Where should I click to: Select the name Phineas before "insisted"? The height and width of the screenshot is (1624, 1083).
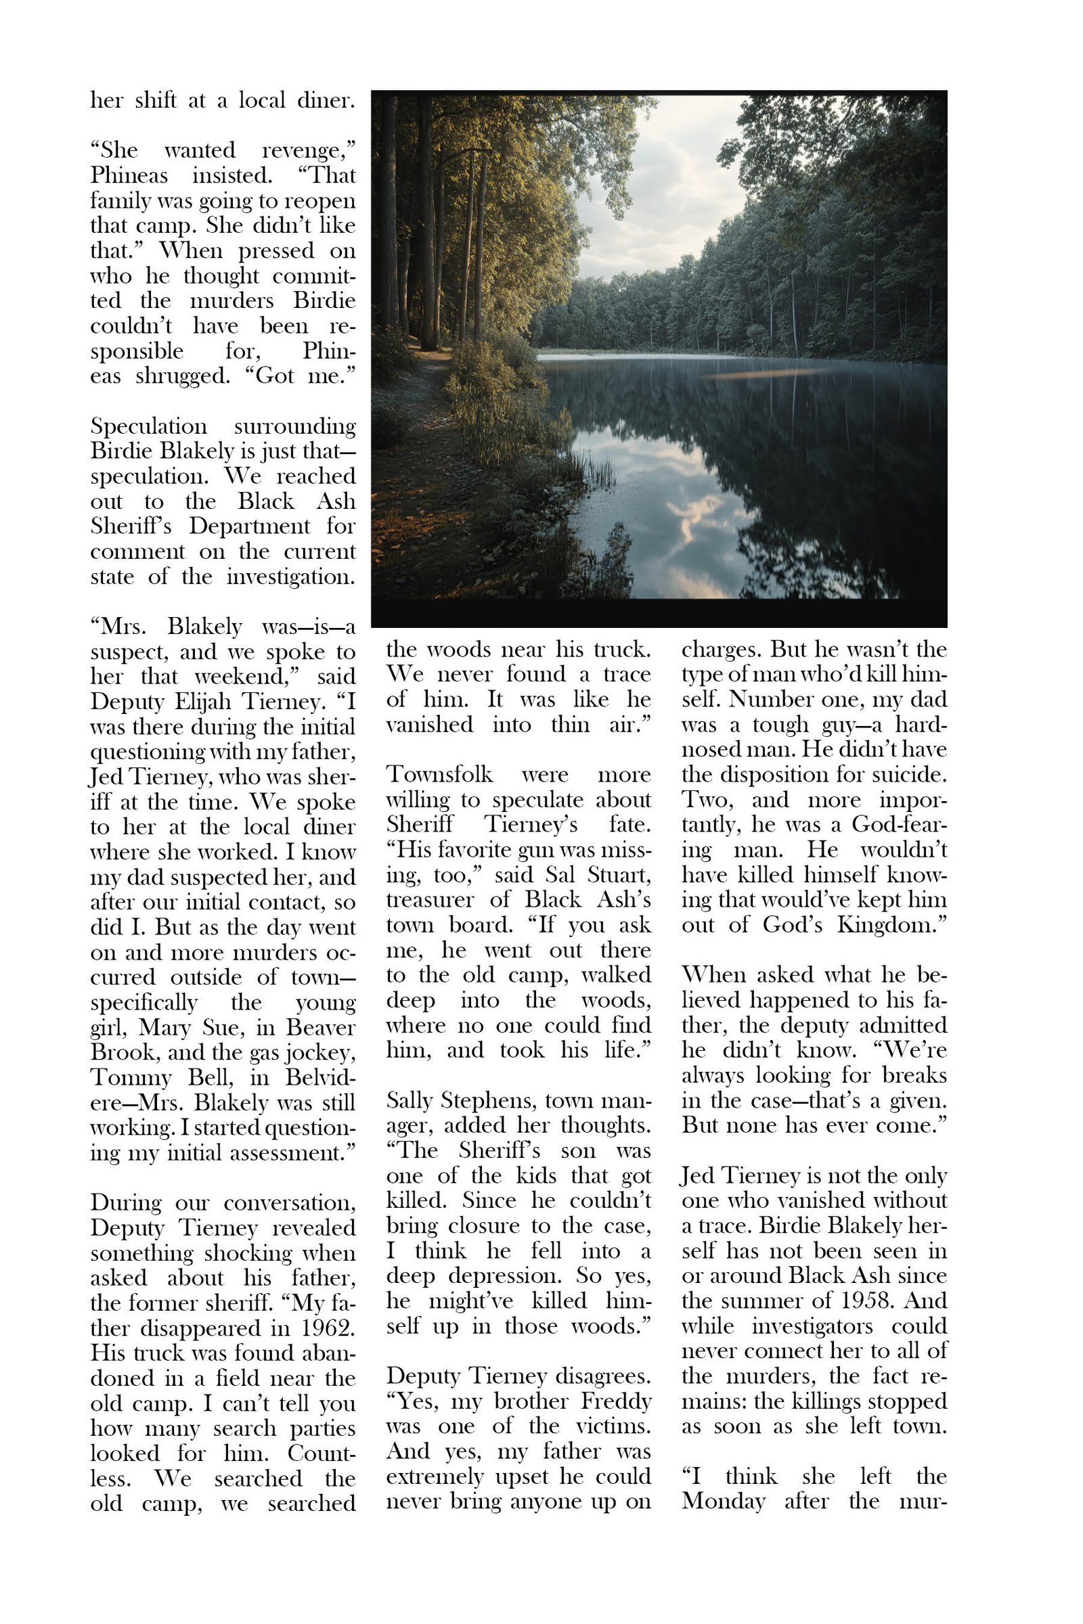[129, 175]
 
